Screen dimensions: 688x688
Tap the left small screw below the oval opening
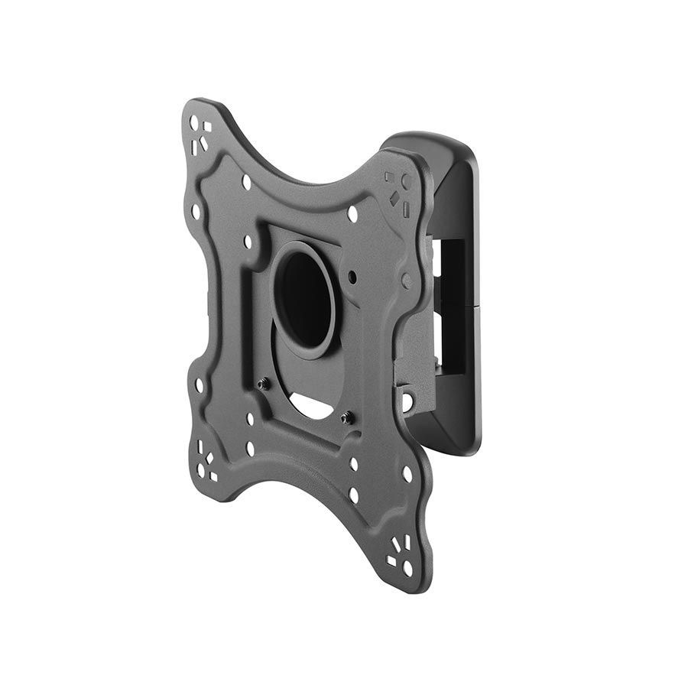pyautogui.click(x=262, y=385)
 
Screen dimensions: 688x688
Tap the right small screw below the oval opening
pyautogui.click(x=346, y=417)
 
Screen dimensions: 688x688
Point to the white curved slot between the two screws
pyautogui.click(x=312, y=405)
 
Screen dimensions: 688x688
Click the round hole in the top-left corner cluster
pyautogui.click(x=194, y=123)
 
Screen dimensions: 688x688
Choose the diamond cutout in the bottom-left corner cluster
pyautogui.click(x=209, y=459)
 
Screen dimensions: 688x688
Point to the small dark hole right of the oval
pyautogui.click(x=352, y=273)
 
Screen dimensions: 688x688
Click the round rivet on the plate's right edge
pyautogui.click(x=407, y=281)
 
